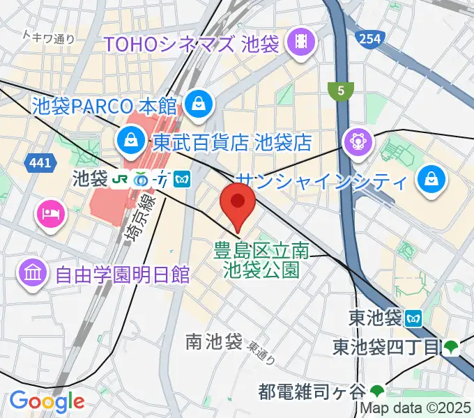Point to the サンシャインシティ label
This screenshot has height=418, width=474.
pos(321,182)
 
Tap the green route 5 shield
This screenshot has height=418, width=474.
pos(341,90)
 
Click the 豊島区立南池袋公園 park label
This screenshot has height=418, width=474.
pos(262,258)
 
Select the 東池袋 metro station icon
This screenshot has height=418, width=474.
pos(414,318)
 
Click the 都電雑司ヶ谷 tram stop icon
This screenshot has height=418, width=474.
pos(377,390)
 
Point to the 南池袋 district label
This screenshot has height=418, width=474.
pos(213,341)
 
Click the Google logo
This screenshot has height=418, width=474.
pos(46,401)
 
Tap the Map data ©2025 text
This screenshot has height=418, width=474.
pos(415,409)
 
